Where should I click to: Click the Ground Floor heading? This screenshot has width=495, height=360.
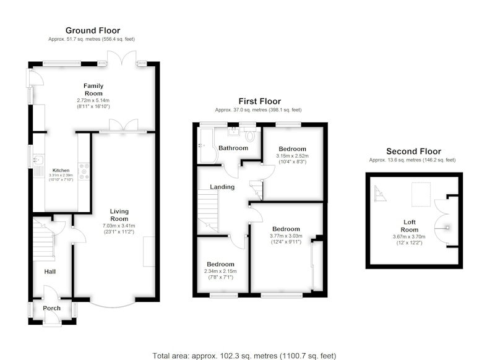tap(93, 30)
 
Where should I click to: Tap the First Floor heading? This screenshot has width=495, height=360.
tap(259, 101)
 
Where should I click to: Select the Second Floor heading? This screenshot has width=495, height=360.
tap(413, 152)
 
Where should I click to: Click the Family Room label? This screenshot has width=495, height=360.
tap(93, 90)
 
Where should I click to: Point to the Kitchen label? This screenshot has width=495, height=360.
tap(61, 170)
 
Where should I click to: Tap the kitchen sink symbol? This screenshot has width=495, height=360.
tap(39, 160)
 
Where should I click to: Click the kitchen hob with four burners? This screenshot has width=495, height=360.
tap(84, 171)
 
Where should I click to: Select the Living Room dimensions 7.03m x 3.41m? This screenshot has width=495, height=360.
tap(119, 226)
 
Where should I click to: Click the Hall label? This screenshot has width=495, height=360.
tap(50, 272)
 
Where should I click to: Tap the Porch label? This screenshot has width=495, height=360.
tap(52, 308)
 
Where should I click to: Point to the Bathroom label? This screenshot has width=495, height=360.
tap(233, 148)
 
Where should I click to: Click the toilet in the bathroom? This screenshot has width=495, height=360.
tap(250, 135)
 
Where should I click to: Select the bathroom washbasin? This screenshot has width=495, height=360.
tap(233, 131)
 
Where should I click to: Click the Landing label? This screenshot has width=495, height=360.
tap(222, 187)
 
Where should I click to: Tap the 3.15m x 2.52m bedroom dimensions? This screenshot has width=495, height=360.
tap(292, 156)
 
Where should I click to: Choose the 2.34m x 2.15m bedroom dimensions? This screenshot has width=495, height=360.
tap(220, 272)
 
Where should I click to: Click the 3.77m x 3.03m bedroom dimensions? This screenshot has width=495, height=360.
tap(286, 236)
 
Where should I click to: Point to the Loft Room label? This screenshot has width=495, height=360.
tap(410, 226)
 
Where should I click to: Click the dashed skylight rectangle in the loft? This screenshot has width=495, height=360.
tap(421, 194)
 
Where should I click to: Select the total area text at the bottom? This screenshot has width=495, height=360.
tap(244, 356)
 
